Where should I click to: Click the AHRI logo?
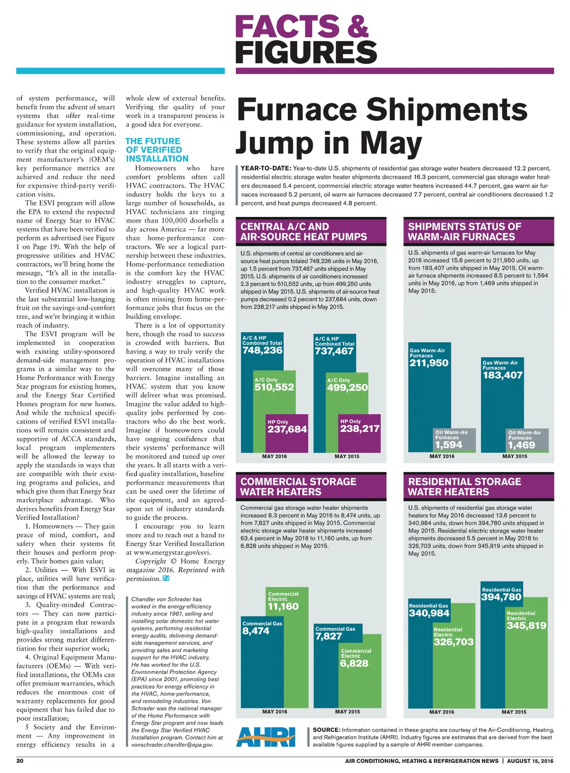266,737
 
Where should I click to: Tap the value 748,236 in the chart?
262,351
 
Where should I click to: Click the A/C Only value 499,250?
347,387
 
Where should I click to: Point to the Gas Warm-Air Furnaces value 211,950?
429,363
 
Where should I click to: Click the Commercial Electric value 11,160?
283,607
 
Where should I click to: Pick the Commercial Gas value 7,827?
329,636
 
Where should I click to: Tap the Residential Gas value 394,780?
501,597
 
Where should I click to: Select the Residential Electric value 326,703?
454,642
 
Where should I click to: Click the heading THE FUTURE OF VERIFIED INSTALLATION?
156,150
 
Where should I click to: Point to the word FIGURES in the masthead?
306,53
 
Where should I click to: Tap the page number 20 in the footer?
20,761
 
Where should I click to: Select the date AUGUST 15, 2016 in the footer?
530,761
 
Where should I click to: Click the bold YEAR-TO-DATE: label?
266,168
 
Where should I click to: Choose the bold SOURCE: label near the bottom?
326,730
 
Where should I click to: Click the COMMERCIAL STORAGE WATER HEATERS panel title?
298,486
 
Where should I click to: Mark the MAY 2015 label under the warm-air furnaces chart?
514,456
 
